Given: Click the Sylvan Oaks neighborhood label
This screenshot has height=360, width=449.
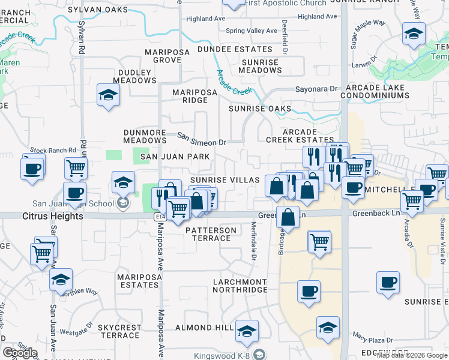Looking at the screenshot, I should [98, 10].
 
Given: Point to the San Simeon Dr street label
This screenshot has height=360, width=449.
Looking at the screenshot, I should [202, 142].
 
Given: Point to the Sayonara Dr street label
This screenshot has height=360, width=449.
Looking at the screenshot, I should [316, 89].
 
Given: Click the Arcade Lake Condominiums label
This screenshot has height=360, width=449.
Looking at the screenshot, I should [373, 91].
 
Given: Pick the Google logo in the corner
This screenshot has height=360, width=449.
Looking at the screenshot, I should [20, 353].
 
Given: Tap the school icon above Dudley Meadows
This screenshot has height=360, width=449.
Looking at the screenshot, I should [108, 95].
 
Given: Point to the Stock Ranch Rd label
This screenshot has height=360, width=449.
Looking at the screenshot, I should [53, 150].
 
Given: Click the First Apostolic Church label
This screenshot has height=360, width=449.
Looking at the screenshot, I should [286, 3].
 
